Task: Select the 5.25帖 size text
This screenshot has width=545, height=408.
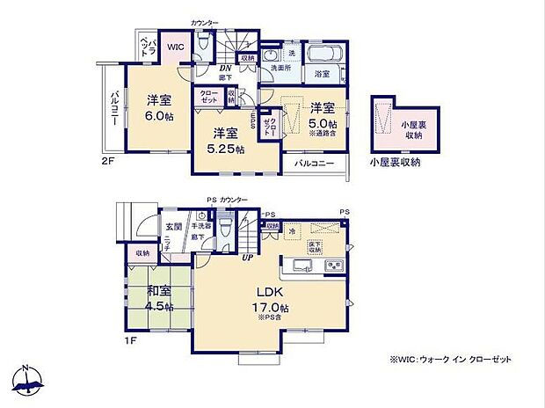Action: (226, 149)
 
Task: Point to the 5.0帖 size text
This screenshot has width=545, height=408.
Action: (322, 125)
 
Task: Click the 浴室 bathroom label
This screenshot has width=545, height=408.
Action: (323, 75)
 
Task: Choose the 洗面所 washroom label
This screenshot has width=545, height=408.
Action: (280, 68)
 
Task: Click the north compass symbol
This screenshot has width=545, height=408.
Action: (28, 381)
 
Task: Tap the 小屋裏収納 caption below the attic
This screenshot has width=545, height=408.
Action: (395, 163)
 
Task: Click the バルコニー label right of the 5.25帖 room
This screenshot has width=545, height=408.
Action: (312, 164)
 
